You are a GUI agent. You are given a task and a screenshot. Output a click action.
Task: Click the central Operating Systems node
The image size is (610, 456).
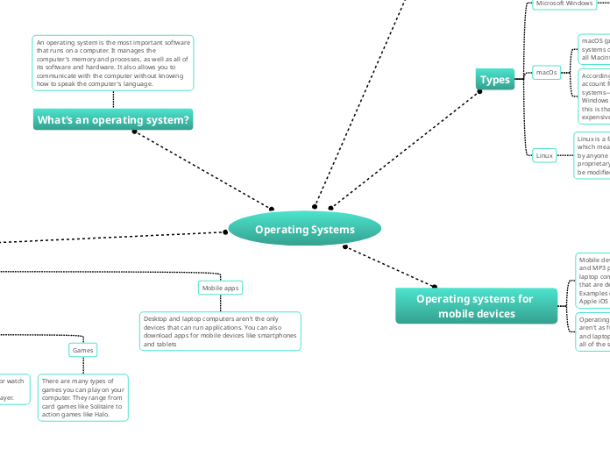tap(305, 230)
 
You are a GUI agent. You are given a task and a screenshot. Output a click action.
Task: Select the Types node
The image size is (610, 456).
tap(495, 80)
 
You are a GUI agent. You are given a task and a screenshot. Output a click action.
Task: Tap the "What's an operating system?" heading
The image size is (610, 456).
tap(113, 119)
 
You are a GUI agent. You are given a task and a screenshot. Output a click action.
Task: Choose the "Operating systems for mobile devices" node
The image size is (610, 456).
tap(475, 306)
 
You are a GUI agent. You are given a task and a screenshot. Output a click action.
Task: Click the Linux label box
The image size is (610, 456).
tap(544, 155)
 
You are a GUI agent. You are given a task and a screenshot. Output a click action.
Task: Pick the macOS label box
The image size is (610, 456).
tap(546, 72)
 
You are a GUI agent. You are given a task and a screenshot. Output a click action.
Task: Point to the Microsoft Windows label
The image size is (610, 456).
tap(564, 4)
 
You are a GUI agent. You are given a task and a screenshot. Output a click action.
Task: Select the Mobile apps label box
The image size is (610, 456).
tap(220, 288)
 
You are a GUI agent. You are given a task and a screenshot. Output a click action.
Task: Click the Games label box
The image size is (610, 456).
tap(82, 350)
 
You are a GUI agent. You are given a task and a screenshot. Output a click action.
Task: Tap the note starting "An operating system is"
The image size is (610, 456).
tap(112, 63)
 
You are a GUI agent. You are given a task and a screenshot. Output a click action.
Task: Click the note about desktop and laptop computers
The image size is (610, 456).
tap(220, 331)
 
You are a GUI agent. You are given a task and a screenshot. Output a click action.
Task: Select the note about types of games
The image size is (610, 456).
tap(83, 397)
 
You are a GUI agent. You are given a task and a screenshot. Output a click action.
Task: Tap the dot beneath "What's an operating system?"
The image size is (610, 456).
tap(135, 132)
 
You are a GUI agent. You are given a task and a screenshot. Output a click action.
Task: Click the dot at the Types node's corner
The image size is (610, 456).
tap(479, 91)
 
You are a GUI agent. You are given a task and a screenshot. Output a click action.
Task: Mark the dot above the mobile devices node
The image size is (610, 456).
tap(434, 286)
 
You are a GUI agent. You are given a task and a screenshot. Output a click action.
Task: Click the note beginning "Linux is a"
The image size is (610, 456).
tap(592, 155)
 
